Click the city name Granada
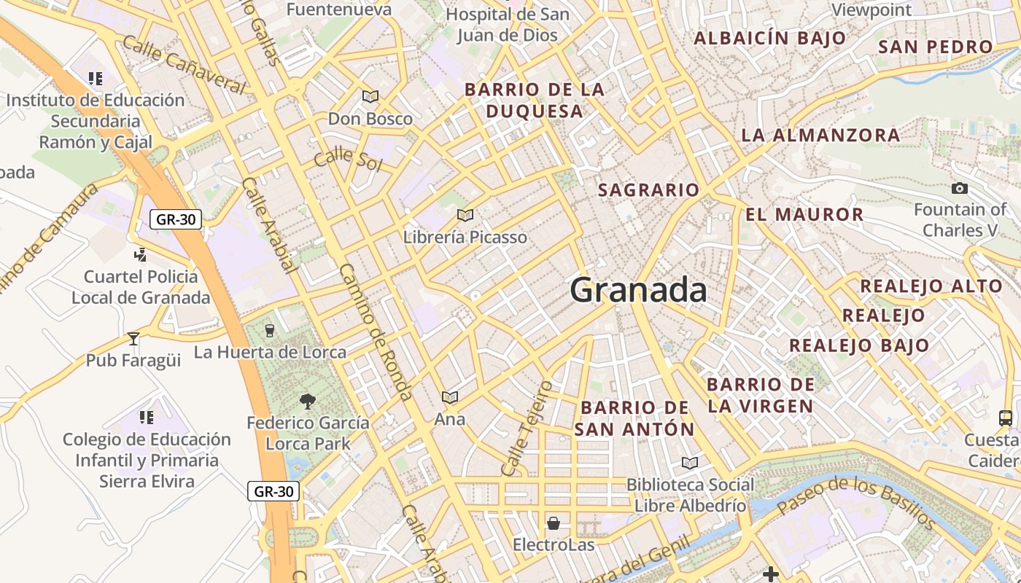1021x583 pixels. coord(638,290)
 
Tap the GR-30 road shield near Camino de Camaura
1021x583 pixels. coord(175,219)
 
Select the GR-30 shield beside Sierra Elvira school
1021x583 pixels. coord(273,491)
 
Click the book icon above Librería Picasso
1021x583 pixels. coord(465,215)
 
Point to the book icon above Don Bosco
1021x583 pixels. coord(370,96)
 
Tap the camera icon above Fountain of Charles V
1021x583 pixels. coord(960,189)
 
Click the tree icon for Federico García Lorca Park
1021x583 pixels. coord(308,400)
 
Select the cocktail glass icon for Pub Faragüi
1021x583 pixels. coord(133,339)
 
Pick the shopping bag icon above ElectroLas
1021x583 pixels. coord(554,523)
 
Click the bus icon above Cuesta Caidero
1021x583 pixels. coord(1006,418)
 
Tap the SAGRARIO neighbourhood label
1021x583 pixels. coord(648,190)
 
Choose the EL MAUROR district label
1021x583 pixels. coord(804,214)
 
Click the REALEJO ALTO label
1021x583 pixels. coord(931,286)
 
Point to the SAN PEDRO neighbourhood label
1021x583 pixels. coord(936,47)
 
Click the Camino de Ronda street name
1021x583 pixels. coord(376,332)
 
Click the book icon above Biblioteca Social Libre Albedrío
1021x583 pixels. coord(689,463)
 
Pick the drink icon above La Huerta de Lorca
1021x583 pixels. coord(270,331)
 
